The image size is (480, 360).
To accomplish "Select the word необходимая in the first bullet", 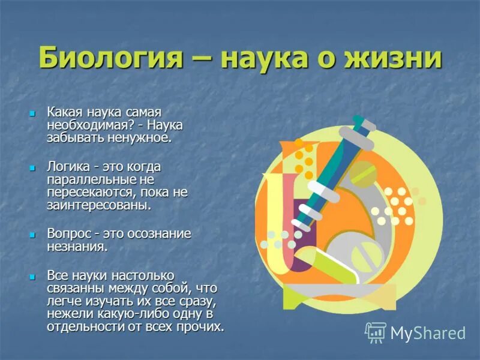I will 84,125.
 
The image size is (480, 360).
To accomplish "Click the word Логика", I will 68,166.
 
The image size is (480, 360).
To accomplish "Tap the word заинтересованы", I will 98,205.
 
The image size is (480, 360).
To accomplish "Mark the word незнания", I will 77,246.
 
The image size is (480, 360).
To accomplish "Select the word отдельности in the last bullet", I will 82,327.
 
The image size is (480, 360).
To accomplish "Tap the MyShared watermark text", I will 428,333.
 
